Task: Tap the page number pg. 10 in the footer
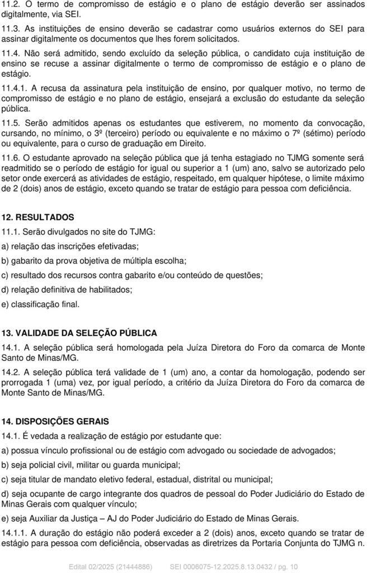pos(286,567)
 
